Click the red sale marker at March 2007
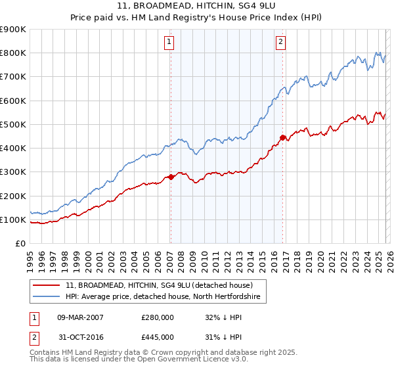[x=171, y=177]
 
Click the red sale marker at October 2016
[x=283, y=137]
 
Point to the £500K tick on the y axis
[x=13, y=124]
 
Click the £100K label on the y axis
[x=13, y=219]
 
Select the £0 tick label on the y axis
[x=20, y=244]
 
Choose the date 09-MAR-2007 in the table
[x=80, y=317]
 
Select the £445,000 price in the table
[x=157, y=337]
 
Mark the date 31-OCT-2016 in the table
[x=80, y=337]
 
